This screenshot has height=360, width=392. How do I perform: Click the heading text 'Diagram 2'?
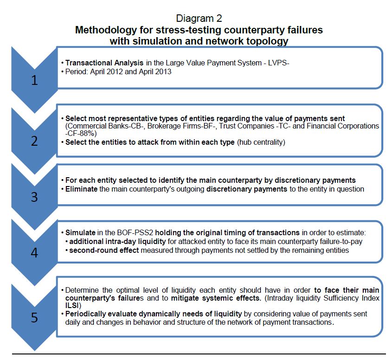point(199,19)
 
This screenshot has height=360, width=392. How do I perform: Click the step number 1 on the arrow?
point(35,81)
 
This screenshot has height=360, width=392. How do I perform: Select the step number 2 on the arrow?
point(35,141)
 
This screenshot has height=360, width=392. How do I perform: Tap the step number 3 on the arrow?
point(35,197)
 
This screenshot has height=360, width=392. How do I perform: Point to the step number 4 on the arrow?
point(35,253)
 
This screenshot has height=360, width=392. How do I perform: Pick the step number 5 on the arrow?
point(35,318)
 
